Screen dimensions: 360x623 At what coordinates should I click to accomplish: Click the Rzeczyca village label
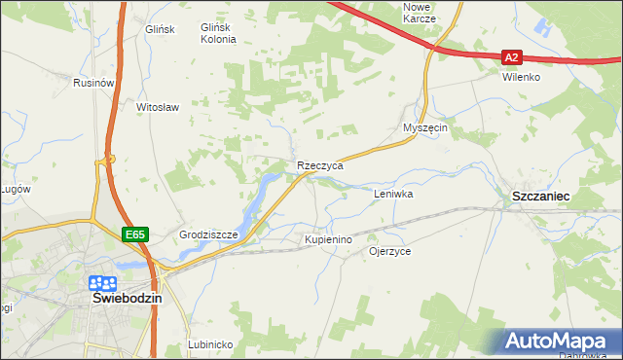click(x=320, y=166)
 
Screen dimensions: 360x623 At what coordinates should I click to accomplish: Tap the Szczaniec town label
click(x=540, y=197)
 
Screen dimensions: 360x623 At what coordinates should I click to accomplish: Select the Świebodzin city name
click(x=127, y=299)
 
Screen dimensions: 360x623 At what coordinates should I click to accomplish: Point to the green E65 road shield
click(x=134, y=234)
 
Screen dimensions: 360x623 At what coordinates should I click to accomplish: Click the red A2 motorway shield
click(x=513, y=57)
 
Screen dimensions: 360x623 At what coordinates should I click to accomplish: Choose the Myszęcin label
click(x=424, y=128)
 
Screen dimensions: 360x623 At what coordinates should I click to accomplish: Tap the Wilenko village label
click(x=521, y=77)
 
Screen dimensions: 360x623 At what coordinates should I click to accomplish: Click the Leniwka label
click(x=394, y=195)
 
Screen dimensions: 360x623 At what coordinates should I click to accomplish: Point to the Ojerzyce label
click(x=389, y=251)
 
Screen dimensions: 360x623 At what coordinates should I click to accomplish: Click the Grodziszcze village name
click(x=209, y=235)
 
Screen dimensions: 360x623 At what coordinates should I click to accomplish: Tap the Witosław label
click(x=158, y=107)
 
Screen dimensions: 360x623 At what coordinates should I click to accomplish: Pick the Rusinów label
click(x=94, y=84)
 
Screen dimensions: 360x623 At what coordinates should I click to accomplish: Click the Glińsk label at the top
click(x=158, y=29)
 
